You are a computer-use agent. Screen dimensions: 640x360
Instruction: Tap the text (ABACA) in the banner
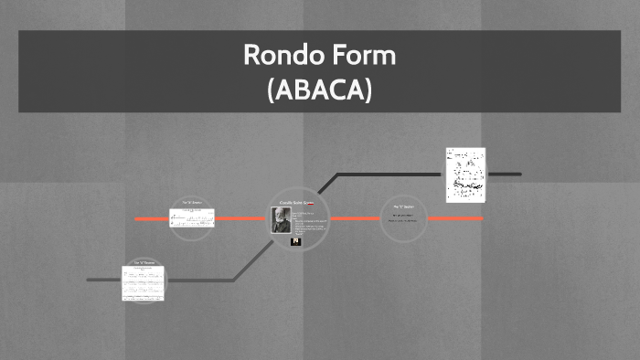(319, 90)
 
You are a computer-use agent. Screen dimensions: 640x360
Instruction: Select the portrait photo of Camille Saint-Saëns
(280, 221)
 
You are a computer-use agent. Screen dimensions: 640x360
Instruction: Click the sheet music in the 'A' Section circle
(191, 218)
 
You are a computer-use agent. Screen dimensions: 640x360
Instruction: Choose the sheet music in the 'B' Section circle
(143, 283)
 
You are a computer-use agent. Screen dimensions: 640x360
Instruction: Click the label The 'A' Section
(191, 203)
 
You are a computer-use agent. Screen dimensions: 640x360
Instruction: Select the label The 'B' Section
(144, 262)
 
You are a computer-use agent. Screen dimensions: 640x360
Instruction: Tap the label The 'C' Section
(403, 207)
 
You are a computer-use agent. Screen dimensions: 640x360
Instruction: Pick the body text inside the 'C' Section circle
(403, 219)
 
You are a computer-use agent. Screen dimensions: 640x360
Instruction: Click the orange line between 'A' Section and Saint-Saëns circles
(240, 219)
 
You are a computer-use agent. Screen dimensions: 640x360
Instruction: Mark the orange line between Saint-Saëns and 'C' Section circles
(354, 219)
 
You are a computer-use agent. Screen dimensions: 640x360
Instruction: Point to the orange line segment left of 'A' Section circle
(151, 219)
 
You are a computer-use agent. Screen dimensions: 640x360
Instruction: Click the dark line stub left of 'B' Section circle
(101, 280)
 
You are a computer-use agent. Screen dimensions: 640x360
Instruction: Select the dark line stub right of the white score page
(503, 174)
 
